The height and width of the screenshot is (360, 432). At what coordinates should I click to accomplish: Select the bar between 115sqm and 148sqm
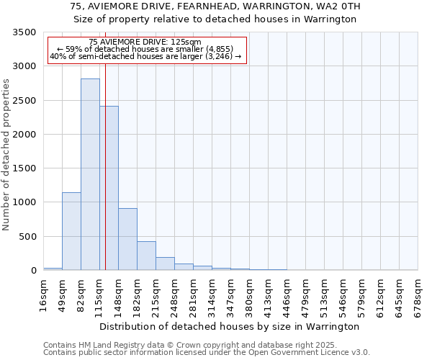[x=109, y=188]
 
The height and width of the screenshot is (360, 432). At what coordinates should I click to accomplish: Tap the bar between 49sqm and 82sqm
[x=71, y=231]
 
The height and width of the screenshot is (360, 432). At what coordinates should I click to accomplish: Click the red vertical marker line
[x=105, y=158]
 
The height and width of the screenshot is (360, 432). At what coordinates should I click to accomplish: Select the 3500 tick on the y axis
[x=26, y=33]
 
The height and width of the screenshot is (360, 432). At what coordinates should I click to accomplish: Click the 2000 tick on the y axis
[x=26, y=135]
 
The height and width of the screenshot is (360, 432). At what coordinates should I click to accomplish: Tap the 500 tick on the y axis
[x=29, y=237]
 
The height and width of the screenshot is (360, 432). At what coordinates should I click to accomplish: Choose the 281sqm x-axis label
[x=193, y=295]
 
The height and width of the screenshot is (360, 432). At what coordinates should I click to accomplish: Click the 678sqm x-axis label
[x=418, y=295]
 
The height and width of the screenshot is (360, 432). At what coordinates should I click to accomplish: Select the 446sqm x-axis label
[x=287, y=295]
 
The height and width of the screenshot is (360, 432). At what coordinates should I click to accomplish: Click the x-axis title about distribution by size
[x=230, y=326]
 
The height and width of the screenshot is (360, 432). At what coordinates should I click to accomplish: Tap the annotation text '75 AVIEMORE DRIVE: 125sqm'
[x=146, y=42]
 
